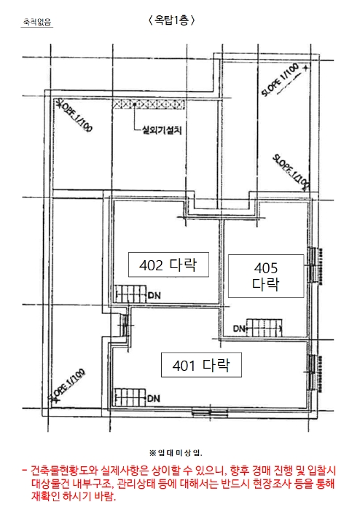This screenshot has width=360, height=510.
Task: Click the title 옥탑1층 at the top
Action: pyautogui.click(x=172, y=20)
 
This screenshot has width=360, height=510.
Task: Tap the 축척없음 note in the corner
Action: pyautogui.click(x=36, y=22)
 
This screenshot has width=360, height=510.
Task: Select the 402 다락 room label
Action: pyautogui.click(x=168, y=264)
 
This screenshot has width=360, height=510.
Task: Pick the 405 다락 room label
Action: pyautogui.click(x=266, y=276)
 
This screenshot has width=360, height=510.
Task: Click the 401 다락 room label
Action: pyautogui.click(x=201, y=365)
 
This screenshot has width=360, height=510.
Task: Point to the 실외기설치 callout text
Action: pyautogui.click(x=161, y=130)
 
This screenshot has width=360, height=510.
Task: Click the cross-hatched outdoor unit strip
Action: pyautogui.click(x=149, y=104)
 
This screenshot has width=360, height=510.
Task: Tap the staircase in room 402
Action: pyautogui.click(x=130, y=294)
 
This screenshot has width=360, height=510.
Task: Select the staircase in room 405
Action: pyautogui.click(x=265, y=328)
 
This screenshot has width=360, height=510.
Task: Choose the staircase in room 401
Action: pyautogui.click(x=130, y=397)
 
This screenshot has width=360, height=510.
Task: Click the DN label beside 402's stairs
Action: pyautogui.click(x=154, y=295)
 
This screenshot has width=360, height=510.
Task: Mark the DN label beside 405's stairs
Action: pyautogui.click(x=239, y=329)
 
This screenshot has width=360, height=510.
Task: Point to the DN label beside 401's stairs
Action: pyautogui.click(x=154, y=399)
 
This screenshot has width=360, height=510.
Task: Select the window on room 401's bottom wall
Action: pyautogui.click(x=210, y=413)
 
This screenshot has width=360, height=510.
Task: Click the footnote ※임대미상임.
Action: pyautogui.click(x=176, y=452)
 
